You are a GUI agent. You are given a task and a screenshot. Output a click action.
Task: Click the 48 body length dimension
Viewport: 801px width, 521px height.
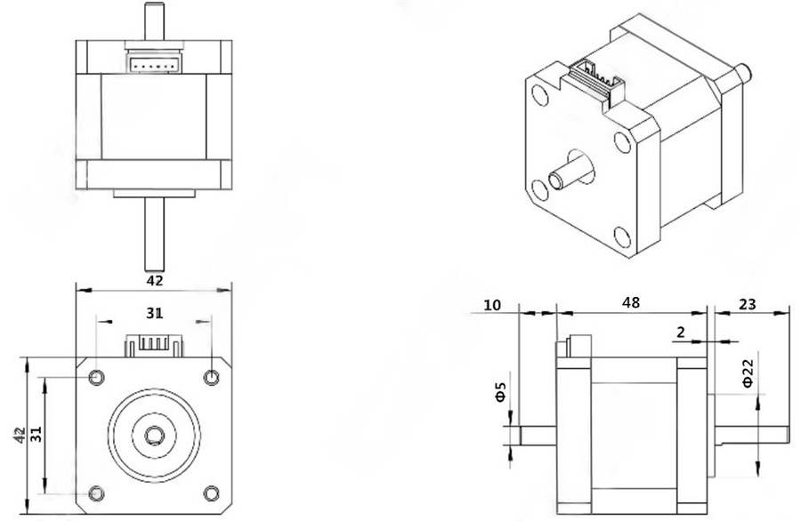pyautogui.click(x=631, y=303)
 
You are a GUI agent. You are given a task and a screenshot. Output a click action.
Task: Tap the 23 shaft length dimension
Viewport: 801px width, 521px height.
pyautogui.click(x=748, y=303)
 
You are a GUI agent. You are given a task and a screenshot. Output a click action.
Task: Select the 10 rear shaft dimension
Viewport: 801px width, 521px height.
pyautogui.click(x=491, y=304)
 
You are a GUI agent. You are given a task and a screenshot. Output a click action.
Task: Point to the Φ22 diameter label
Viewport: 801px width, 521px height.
pyautogui.click(x=748, y=373)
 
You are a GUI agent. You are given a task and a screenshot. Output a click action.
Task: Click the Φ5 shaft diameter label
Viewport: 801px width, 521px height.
pyautogui.click(x=500, y=390)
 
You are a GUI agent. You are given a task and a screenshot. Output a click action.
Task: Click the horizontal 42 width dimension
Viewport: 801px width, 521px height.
pyautogui.click(x=154, y=280)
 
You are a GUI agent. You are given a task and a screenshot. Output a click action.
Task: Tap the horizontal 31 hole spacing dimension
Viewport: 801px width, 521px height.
pyautogui.click(x=155, y=313)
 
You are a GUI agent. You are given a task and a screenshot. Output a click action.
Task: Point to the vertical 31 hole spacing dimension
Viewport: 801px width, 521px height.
pyautogui.click(x=36, y=436)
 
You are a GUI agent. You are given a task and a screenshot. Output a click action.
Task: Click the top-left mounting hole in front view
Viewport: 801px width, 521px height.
pyautogui.click(x=96, y=378)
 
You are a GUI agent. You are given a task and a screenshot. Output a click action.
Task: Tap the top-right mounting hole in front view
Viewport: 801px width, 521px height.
pyautogui.click(x=211, y=378)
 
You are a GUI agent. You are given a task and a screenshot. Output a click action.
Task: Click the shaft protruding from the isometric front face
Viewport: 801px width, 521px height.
pyautogui.click(x=570, y=173)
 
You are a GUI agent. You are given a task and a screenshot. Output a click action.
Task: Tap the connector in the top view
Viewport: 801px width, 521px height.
pyautogui.click(x=154, y=63)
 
